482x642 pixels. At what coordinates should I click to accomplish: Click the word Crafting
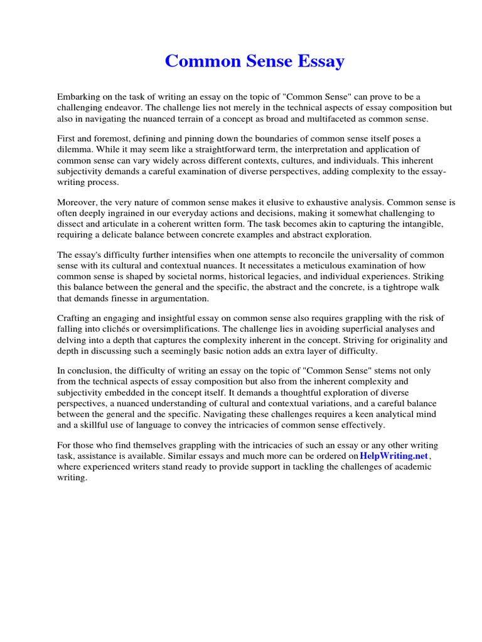(75, 318)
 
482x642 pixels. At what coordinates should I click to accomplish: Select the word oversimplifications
(185, 329)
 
